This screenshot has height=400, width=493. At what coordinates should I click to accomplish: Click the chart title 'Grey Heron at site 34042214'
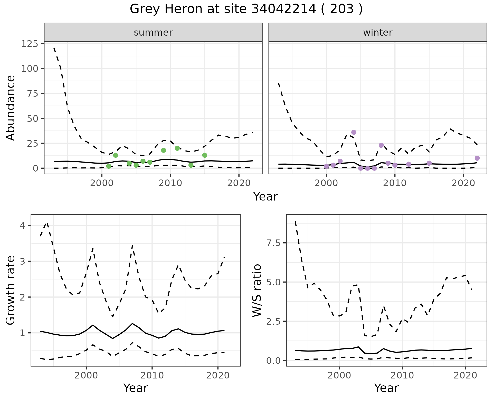pyautogui.click(x=246, y=9)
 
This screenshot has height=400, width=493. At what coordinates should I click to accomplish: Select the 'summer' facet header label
pyautogui.click(x=153, y=33)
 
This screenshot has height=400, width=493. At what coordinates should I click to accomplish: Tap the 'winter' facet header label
pyautogui.click(x=378, y=33)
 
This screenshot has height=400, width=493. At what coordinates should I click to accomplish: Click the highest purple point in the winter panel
pyautogui.click(x=354, y=132)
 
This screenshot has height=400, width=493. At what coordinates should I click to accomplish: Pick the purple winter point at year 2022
pyautogui.click(x=477, y=158)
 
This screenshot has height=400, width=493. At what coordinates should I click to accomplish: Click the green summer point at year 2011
pyautogui.click(x=177, y=148)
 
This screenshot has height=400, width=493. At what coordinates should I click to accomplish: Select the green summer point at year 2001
pyautogui.click(x=109, y=166)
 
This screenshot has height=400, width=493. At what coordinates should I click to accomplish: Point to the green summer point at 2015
pyautogui.click(x=205, y=155)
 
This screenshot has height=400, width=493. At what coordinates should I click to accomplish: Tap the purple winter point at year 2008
pyautogui.click(x=381, y=145)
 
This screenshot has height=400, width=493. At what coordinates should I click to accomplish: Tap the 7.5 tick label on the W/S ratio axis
pyautogui.click(x=273, y=243)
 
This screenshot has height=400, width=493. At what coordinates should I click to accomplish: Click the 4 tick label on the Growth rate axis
pyautogui.click(x=23, y=226)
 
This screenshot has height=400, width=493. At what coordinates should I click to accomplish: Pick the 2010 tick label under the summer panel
pyautogui.click(x=170, y=183)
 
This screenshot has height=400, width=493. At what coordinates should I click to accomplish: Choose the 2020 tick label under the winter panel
pyautogui.click(x=463, y=183)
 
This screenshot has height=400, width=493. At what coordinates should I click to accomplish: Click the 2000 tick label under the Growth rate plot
pyautogui.click(x=86, y=376)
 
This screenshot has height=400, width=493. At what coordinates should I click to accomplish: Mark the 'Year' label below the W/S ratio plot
pyautogui.click(x=386, y=388)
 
